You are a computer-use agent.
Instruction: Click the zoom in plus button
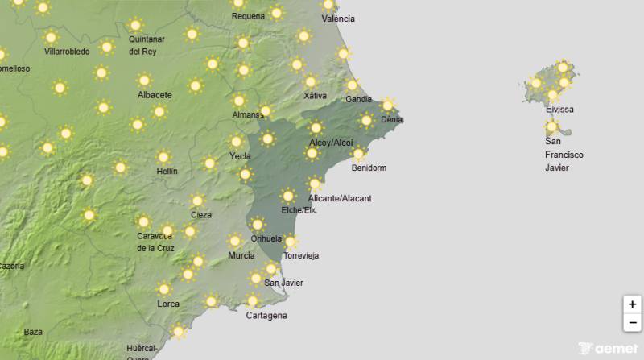pos(633,304)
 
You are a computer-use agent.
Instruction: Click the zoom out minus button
pos(633,322)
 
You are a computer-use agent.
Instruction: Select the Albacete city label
pos(155,95)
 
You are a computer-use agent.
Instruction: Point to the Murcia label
pos(242,255)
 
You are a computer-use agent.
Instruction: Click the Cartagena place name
pos(266,316)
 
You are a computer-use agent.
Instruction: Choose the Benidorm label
pos(369,168)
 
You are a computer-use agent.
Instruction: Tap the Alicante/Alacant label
pos(340,198)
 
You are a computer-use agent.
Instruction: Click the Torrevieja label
pos(302,256)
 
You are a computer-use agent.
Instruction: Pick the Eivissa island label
pos(559,110)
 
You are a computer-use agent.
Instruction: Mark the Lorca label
pos(168,304)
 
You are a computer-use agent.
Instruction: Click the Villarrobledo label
pos(67,52)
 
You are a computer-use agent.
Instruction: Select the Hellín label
pos(167,172)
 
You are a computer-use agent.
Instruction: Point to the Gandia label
pos(358,100)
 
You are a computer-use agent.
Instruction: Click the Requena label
pos(248,16)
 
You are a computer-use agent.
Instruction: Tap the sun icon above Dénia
pos(388,105)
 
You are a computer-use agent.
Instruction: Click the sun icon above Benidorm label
pos(358,154)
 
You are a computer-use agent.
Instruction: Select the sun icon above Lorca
pos(164,288)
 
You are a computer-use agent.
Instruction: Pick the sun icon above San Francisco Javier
pos(552,126)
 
